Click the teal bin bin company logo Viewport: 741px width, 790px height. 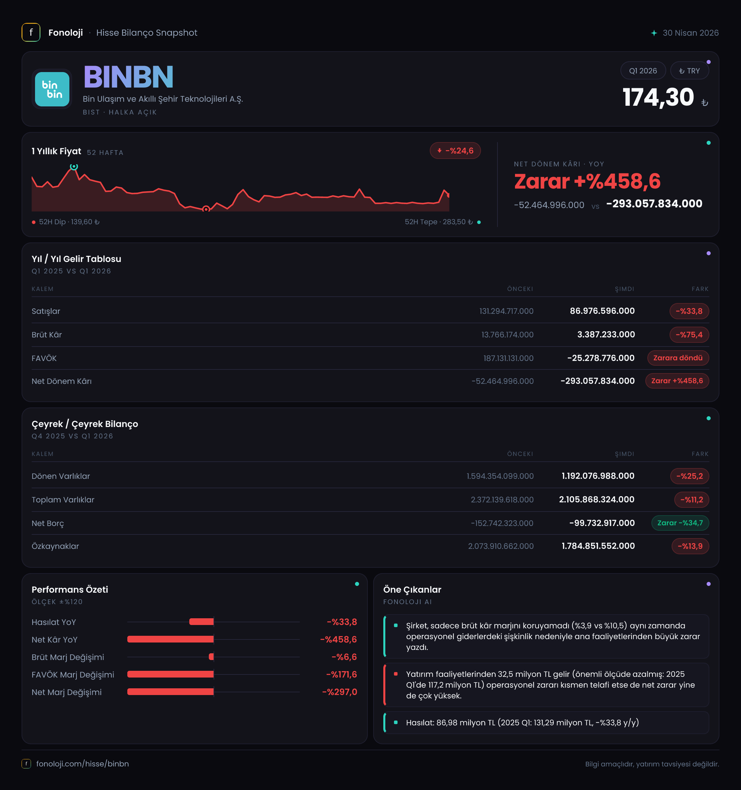pyautogui.click(x=52, y=89)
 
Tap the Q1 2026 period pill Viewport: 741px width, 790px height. pyautogui.click(x=643, y=71)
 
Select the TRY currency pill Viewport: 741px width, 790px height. pyautogui.click(x=689, y=71)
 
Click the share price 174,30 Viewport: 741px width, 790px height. pyautogui.click(x=658, y=97)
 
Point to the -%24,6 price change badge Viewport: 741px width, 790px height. pyautogui.click(x=455, y=151)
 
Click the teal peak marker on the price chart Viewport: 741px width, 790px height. pyautogui.click(x=74, y=166)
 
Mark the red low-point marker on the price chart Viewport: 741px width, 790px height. pyautogui.click(x=206, y=209)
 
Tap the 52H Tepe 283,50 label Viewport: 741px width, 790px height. pyautogui.click(x=439, y=222)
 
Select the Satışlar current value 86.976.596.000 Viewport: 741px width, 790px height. pyautogui.click(x=602, y=311)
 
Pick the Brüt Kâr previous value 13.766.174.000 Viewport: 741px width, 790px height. pyautogui.click(x=507, y=335)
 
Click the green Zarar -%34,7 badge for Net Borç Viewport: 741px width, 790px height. pyautogui.click(x=680, y=523)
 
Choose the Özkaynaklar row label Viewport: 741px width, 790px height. pyautogui.click(x=55, y=546)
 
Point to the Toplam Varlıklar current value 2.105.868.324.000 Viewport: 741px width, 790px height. pyautogui.click(x=597, y=499)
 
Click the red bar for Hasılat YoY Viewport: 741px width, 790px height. pyautogui.click(x=201, y=622)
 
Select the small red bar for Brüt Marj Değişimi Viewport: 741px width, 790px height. pyautogui.click(x=212, y=656)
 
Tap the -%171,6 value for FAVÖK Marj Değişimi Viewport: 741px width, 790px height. pyautogui.click(x=342, y=674)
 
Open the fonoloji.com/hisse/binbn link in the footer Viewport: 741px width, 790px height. pyautogui.click(x=83, y=764)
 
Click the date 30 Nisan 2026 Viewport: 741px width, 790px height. pyautogui.click(x=690, y=33)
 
